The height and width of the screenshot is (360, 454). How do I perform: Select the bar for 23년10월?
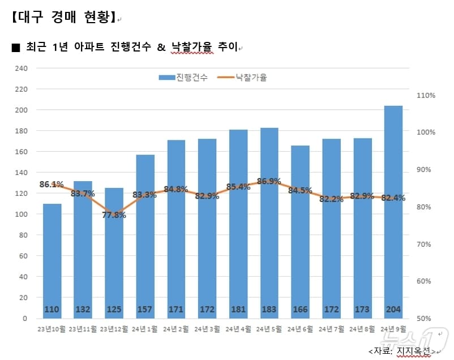pyautogui.click(x=52, y=255)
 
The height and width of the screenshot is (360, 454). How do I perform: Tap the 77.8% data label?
pyautogui.click(x=114, y=215)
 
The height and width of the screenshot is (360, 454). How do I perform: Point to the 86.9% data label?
pyautogui.click(x=269, y=182)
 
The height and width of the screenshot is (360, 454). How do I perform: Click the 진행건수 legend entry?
pyautogui.click(x=183, y=78)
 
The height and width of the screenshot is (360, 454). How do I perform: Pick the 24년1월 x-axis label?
pyautogui.click(x=145, y=329)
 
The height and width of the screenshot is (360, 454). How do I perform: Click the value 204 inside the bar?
pyautogui.click(x=393, y=309)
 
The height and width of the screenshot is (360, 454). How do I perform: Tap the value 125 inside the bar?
pyautogui.click(x=114, y=309)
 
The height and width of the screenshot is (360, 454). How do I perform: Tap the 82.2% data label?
pyautogui.click(x=331, y=199)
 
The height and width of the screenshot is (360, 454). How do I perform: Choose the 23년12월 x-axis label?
pyautogui.click(x=114, y=329)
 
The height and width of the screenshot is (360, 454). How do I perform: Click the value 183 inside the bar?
pyautogui.click(x=269, y=309)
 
